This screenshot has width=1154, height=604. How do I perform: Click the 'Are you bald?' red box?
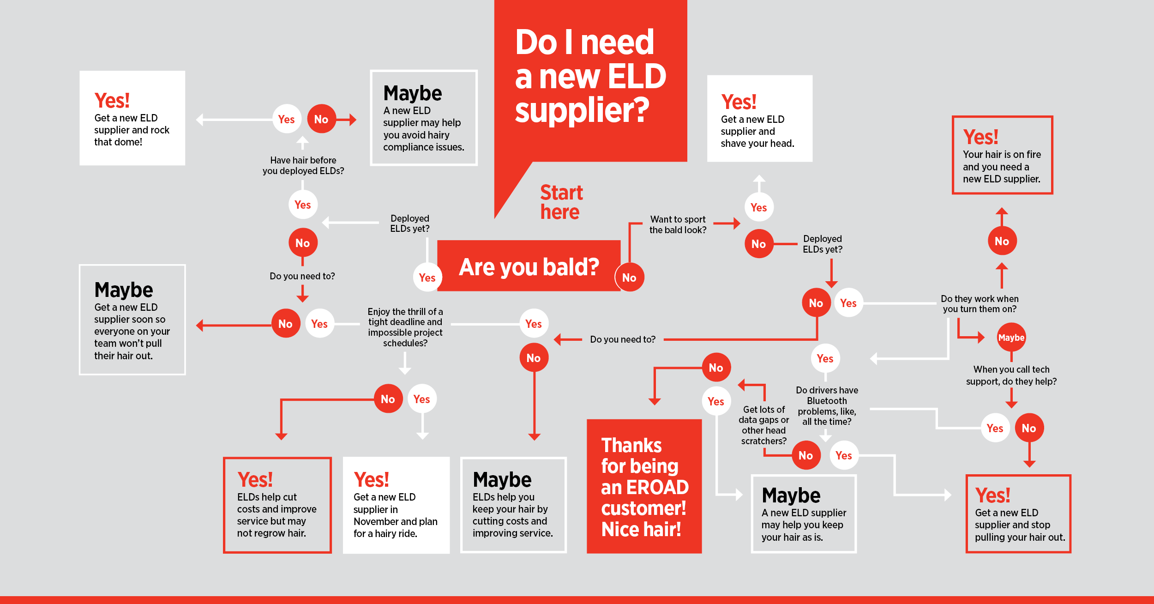[x=529, y=266]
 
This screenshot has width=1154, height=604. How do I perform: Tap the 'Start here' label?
[x=561, y=202]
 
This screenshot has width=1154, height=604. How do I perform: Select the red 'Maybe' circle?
[x=1011, y=338]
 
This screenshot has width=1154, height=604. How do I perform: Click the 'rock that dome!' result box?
[x=132, y=118]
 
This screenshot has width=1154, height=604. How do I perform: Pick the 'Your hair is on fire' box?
[x=1002, y=155]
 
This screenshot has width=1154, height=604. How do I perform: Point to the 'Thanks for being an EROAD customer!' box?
[x=644, y=486]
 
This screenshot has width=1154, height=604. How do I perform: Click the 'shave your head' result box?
[x=759, y=119]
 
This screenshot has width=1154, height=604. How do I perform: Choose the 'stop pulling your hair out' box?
[x=1018, y=513]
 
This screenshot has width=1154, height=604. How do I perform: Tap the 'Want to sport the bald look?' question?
[x=678, y=224]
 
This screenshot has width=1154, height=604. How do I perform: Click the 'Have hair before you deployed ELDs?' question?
[x=303, y=165]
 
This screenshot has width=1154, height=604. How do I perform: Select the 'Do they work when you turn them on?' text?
[x=980, y=304]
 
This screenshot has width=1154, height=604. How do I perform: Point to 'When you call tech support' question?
[x=1011, y=375]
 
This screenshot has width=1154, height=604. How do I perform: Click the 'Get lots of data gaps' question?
[x=763, y=425]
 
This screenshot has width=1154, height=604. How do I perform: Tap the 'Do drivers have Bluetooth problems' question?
[x=827, y=405]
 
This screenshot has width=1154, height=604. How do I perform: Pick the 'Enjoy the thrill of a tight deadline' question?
[x=405, y=327]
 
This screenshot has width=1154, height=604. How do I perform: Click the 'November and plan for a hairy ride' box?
[x=396, y=505]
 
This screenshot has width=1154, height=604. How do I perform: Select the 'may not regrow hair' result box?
[x=277, y=505]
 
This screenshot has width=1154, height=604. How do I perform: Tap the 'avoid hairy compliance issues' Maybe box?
[x=423, y=118]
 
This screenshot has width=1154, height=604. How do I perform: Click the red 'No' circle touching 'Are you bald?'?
[x=629, y=278]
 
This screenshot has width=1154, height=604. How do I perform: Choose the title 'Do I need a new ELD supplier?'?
[x=590, y=76]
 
